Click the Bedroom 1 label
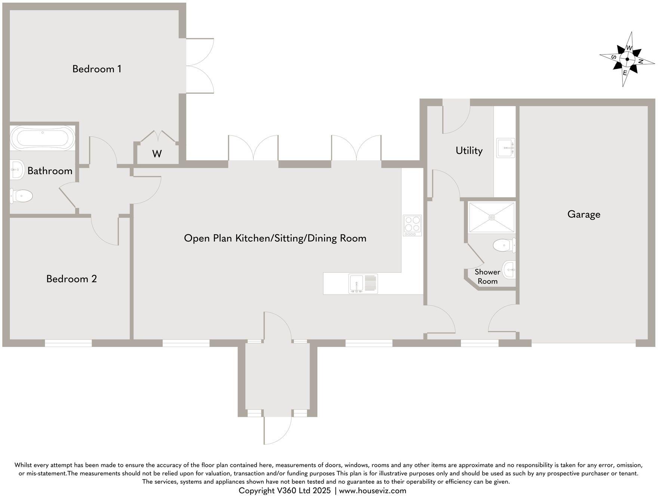pos(97,69)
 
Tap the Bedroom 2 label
pos(71,279)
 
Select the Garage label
pos(584,214)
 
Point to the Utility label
pos(469,151)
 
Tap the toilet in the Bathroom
pos(21,196)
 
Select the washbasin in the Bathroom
pos(16,170)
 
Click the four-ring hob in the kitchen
pos(412,225)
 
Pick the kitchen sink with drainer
pos(363,283)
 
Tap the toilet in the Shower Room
pos(504,245)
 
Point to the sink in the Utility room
pos(505,148)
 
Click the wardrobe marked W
pos(157,154)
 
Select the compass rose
pos(627,59)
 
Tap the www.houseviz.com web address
pos(372,490)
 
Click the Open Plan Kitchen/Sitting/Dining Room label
pos(275,238)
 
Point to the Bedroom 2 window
pos(68,343)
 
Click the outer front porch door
pos(277,430)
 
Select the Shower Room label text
pos(487,276)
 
